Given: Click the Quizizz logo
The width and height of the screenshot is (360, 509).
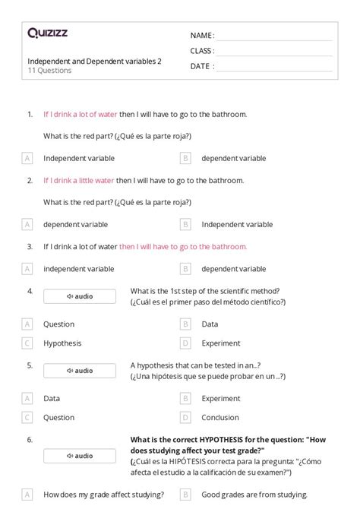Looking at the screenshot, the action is click(x=47, y=33).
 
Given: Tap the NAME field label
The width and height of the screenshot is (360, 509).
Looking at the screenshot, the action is click(x=201, y=36).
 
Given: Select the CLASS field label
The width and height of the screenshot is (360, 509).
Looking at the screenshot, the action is click(x=202, y=51).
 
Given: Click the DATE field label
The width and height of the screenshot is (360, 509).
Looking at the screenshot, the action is click(x=201, y=66).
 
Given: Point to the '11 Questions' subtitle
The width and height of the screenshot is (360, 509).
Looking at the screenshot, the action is click(x=49, y=71).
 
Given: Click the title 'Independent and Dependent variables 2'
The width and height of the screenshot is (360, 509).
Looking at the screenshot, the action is click(x=94, y=61).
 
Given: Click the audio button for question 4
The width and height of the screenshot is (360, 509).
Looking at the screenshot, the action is click(x=80, y=296).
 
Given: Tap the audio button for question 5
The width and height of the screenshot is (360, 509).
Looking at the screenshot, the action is click(x=80, y=371).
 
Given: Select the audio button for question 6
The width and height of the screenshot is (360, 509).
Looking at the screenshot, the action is click(x=80, y=456).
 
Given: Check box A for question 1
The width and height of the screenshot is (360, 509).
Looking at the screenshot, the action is click(x=28, y=159).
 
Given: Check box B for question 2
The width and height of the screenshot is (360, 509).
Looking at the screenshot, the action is click(x=185, y=225).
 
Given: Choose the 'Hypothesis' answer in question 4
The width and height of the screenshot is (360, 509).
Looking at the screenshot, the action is click(x=62, y=343).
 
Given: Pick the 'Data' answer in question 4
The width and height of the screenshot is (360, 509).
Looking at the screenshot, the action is click(x=210, y=324).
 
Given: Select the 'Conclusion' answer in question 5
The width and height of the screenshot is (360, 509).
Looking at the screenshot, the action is click(x=220, y=417).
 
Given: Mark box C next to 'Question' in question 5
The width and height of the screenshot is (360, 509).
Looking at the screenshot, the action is click(x=28, y=417).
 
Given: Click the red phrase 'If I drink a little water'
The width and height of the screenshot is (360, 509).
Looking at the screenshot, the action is click(x=79, y=181).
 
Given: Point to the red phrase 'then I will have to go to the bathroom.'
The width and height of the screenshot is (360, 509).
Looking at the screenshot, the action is click(x=183, y=247).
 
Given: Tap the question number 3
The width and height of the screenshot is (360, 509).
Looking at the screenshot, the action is click(x=30, y=247).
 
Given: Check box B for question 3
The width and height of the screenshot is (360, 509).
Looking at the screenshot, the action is click(x=185, y=269).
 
